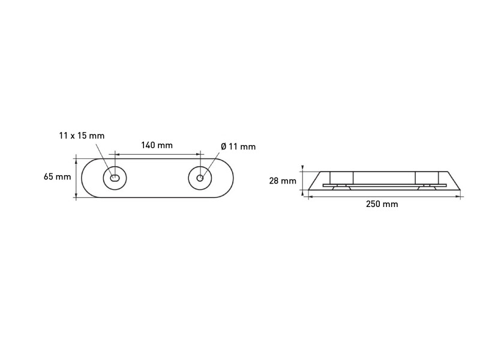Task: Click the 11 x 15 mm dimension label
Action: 82,136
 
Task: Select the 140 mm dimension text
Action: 157,145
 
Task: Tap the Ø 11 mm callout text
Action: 238,146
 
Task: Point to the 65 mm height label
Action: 57,176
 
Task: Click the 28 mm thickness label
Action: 283,181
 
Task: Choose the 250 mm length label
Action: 382,204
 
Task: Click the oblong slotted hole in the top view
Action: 115,178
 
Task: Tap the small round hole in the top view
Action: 200,178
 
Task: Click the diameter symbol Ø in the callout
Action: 224,146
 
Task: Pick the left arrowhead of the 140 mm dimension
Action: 117,155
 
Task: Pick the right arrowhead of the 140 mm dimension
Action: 197,155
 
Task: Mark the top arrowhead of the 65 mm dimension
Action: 76,161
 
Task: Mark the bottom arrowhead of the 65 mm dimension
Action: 76,195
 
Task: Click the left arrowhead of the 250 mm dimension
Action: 311,197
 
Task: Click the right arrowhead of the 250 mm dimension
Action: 458,197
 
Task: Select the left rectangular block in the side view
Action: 341,178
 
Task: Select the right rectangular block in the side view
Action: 427,178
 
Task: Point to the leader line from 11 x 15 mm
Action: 104,159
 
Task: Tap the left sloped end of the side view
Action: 314,181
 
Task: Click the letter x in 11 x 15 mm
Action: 73,136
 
